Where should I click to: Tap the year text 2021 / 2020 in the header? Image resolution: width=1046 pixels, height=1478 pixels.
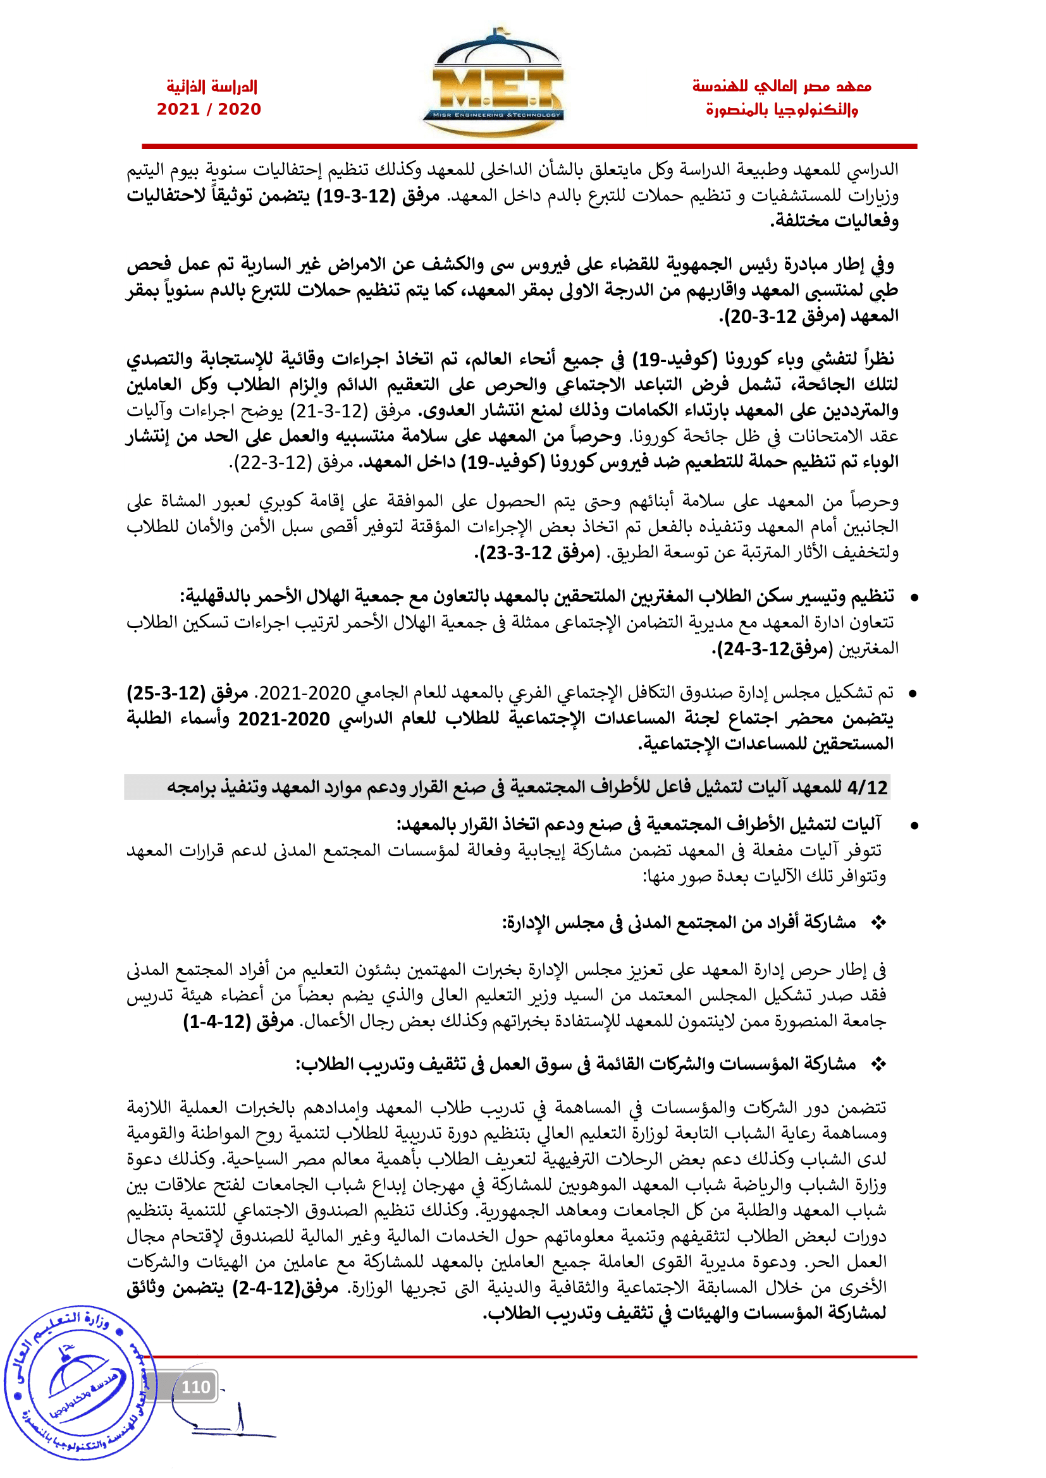[x=209, y=109]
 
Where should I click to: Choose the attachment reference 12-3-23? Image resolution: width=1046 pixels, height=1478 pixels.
[x=515, y=553]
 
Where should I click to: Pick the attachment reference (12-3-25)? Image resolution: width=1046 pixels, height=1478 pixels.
[x=166, y=693]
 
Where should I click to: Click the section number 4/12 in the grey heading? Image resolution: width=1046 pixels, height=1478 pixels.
[x=868, y=787]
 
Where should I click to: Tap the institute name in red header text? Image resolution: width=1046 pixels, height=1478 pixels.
[x=782, y=98]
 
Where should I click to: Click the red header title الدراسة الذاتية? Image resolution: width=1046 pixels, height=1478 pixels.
[x=212, y=87]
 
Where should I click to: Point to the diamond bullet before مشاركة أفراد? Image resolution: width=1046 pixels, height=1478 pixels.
[x=878, y=923]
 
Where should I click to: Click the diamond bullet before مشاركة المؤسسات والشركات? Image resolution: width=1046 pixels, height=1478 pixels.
[x=878, y=1065]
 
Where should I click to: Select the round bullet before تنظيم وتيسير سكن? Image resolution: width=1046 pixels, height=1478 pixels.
[x=913, y=598]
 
